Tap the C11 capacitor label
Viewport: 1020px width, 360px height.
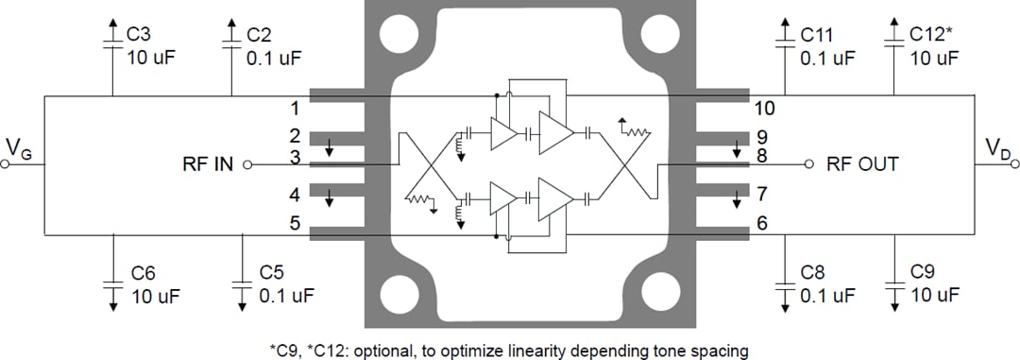point(817,35)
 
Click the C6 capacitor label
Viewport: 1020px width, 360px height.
point(143,274)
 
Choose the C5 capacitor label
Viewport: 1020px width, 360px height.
point(272,274)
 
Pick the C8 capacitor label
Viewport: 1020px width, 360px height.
point(813,274)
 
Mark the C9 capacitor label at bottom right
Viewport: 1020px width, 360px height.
point(923,274)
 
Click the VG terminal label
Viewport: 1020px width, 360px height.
point(18,148)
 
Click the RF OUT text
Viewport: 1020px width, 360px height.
point(862,164)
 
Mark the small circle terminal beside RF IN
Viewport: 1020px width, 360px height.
point(248,164)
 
